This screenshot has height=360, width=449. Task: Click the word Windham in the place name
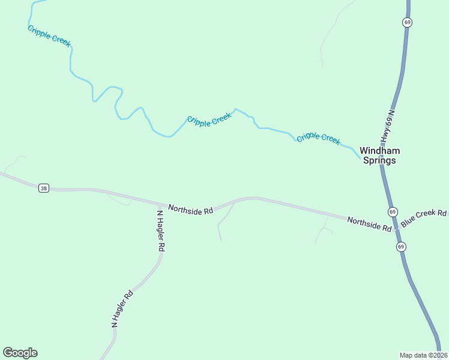[379, 151]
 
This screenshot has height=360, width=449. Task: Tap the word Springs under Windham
[379, 161]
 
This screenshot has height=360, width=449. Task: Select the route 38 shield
[43, 188]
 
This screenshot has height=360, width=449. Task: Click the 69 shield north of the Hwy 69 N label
[408, 22]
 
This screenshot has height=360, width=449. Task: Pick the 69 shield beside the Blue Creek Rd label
[392, 212]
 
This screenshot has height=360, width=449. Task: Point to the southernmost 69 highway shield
[400, 247]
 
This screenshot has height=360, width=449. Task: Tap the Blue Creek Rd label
[424, 218]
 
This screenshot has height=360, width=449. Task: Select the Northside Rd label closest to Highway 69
[369, 224]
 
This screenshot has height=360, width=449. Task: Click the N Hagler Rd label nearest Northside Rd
[160, 230]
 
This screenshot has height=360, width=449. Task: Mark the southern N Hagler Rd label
[122, 309]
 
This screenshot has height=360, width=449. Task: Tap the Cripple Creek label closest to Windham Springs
[319, 138]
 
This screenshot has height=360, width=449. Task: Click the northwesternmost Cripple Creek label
[49, 36]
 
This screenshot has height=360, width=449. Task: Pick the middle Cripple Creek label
[209, 119]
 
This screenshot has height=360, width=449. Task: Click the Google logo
[20, 353]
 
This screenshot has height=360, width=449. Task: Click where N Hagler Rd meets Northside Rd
[158, 204]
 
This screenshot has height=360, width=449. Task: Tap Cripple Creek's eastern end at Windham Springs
[361, 159]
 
